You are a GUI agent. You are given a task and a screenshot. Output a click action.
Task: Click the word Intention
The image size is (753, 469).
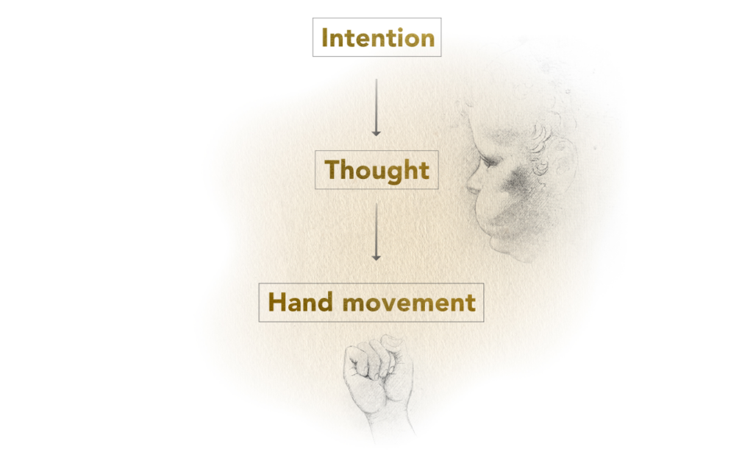377,38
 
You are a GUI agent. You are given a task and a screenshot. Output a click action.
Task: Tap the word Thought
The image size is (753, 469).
377,171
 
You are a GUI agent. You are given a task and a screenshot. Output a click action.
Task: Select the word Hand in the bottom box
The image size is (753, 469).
300,302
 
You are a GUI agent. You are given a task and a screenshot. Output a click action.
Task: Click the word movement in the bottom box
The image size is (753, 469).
409,303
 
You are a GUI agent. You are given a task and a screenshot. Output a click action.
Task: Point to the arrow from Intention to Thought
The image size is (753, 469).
376,107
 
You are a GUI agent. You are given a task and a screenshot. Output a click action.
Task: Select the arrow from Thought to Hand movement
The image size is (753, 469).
376,232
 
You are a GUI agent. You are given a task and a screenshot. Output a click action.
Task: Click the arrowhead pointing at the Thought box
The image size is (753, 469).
376,133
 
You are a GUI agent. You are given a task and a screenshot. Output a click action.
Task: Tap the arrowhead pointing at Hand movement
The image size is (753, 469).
376,258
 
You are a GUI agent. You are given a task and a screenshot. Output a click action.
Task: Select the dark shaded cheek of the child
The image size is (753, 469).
515,183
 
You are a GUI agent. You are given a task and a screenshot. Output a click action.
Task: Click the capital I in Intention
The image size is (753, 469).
325,38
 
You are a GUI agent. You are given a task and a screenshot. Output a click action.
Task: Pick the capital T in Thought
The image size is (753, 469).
334,169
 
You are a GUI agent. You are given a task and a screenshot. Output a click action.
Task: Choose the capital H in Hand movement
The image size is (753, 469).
277,302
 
